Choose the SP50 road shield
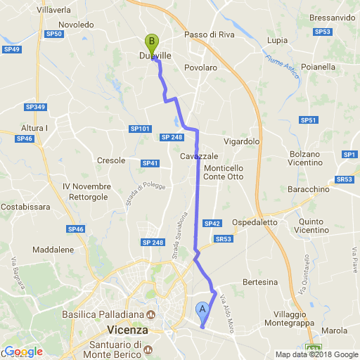[x=53, y=33]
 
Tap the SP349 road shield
[x=34, y=107]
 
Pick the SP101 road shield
[x=140, y=129]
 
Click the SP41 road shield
[x=150, y=163]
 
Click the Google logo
[x=23, y=352]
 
